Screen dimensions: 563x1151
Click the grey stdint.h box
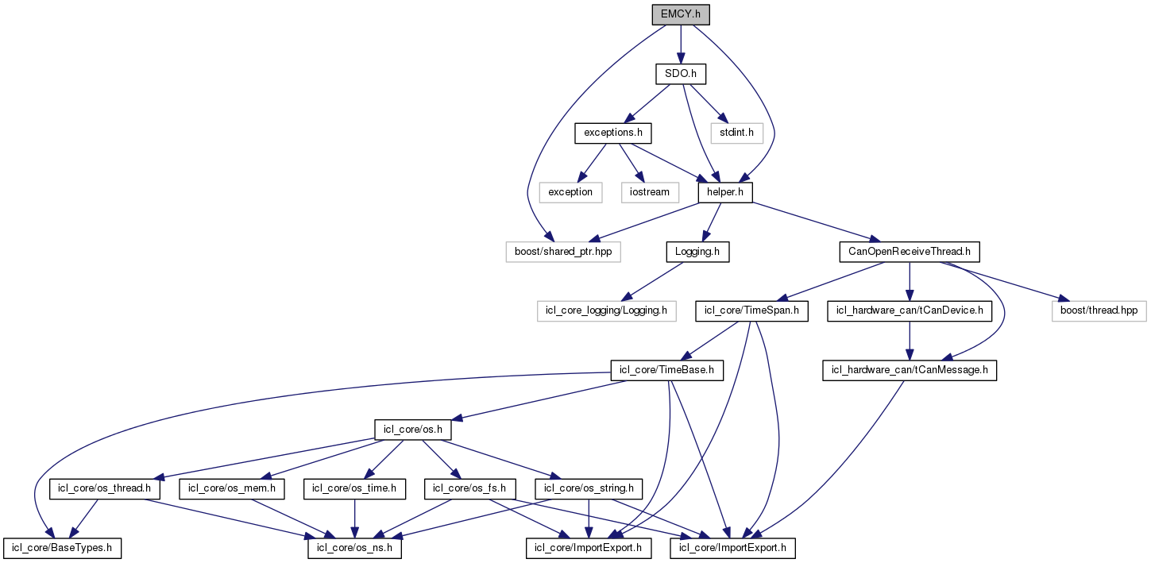click(736, 132)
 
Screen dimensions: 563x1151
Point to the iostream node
click(649, 191)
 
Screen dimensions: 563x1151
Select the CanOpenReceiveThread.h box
click(910, 252)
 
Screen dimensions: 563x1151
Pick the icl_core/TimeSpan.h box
click(751, 311)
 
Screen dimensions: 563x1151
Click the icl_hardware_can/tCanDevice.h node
click(910, 311)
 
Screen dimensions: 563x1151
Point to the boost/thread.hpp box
click(1099, 311)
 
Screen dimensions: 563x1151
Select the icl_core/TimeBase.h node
click(666, 370)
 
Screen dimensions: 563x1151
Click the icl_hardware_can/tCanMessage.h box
click(910, 370)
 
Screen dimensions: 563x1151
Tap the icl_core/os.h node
click(413, 430)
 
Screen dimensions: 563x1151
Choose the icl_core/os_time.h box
click(354, 488)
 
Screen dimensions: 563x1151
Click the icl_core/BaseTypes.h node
click(62, 548)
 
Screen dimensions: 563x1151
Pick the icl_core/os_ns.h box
click(354, 548)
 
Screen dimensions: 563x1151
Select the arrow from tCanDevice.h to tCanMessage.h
click(910, 341)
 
